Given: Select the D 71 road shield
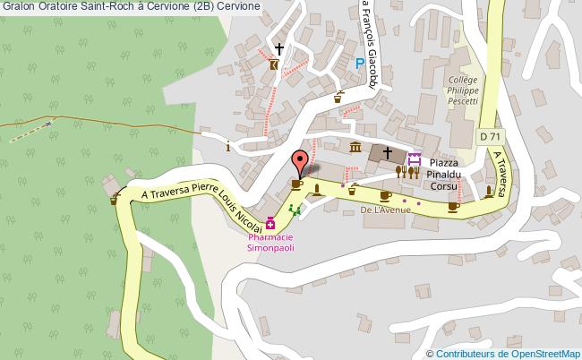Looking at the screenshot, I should (x=489, y=136).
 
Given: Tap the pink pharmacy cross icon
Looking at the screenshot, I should (x=270, y=223).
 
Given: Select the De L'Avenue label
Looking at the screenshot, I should (x=385, y=210).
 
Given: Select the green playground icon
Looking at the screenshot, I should (x=295, y=210).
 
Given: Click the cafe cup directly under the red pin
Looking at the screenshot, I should (x=296, y=184).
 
